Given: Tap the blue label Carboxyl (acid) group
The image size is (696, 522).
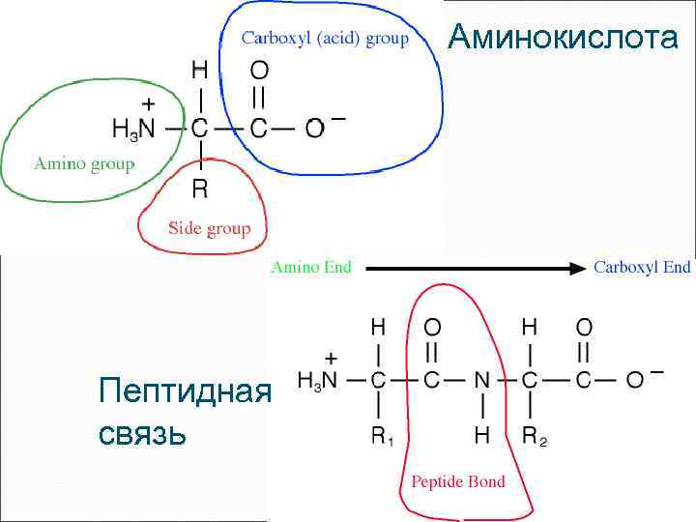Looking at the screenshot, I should point(325,39).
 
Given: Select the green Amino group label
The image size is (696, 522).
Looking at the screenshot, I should point(84,163).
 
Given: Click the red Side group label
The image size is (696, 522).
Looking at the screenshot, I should point(209,229).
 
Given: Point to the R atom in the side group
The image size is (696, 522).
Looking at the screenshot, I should point(200,185).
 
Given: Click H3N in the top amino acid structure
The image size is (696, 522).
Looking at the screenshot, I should point(132,128).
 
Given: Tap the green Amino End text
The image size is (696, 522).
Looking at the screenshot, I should point(311,267).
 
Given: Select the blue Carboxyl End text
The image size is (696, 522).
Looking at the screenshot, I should point(642,267).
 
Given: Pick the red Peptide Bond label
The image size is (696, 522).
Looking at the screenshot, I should point(458,480).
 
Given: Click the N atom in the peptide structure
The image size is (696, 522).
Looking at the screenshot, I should point(481,380).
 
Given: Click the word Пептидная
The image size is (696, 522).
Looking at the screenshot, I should point(183,391).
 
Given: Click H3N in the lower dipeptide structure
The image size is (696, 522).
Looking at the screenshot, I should point(317,381).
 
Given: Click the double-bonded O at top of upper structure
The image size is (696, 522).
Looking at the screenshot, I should point(259,71).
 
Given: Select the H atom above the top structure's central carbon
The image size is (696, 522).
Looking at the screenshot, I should point(199,70).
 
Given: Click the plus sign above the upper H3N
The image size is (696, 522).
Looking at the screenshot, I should point(148,101).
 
